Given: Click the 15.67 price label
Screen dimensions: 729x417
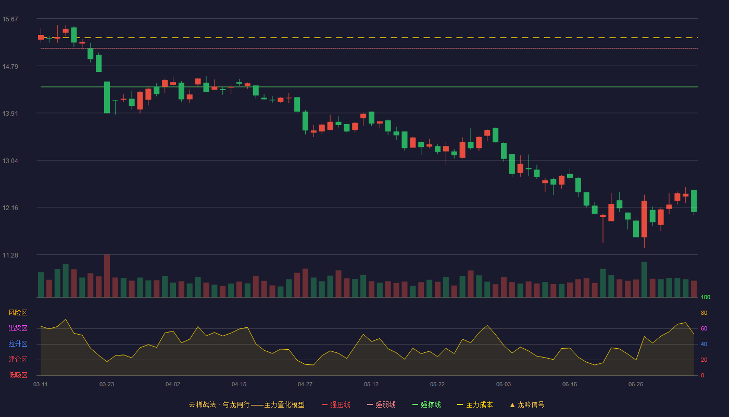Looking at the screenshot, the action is (10, 19).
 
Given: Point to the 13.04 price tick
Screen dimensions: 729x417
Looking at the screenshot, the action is (10, 161).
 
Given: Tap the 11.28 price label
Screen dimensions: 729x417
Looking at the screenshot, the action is (10, 255).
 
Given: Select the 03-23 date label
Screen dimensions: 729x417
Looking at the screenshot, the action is (107, 385).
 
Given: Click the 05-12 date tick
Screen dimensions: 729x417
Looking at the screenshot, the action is (371, 385).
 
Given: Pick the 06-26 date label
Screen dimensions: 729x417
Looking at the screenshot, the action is (636, 385).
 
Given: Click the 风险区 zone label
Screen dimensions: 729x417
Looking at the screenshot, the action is (18, 313).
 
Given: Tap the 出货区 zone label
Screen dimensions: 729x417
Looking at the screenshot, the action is (18, 328).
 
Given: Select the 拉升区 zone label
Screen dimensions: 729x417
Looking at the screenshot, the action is (18, 344).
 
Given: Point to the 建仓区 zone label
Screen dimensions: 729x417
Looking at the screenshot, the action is (18, 359).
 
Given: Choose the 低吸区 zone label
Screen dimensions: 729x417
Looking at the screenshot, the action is (18, 375).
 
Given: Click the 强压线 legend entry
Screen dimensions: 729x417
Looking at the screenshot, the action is (336, 404).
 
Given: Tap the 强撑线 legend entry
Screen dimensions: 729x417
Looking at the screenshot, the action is (426, 404).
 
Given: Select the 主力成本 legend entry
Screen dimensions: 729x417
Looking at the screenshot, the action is (475, 404).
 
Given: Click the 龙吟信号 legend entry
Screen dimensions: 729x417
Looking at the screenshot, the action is (527, 404).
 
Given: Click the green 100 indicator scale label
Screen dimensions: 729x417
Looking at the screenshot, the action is (706, 297).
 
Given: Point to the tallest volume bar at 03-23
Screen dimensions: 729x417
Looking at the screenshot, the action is (107, 276).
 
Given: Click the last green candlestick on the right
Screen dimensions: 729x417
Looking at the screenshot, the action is (694, 201).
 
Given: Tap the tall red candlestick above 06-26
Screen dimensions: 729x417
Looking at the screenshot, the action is (645, 219).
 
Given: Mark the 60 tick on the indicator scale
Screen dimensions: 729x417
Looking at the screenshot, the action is (704, 328).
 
